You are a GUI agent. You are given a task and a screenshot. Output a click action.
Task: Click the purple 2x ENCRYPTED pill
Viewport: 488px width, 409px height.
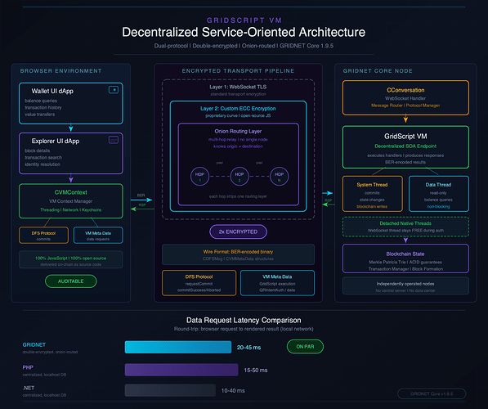(237, 231)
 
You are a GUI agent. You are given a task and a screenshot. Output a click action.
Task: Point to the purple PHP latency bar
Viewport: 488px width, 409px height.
(178, 369)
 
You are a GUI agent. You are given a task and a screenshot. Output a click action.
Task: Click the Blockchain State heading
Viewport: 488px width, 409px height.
(405, 254)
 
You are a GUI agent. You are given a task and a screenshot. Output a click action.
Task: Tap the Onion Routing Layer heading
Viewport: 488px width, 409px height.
(237, 133)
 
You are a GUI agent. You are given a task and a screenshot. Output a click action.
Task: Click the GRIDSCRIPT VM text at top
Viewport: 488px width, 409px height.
(244, 16)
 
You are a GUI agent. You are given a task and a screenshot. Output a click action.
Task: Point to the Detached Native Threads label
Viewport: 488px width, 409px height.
(405, 223)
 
